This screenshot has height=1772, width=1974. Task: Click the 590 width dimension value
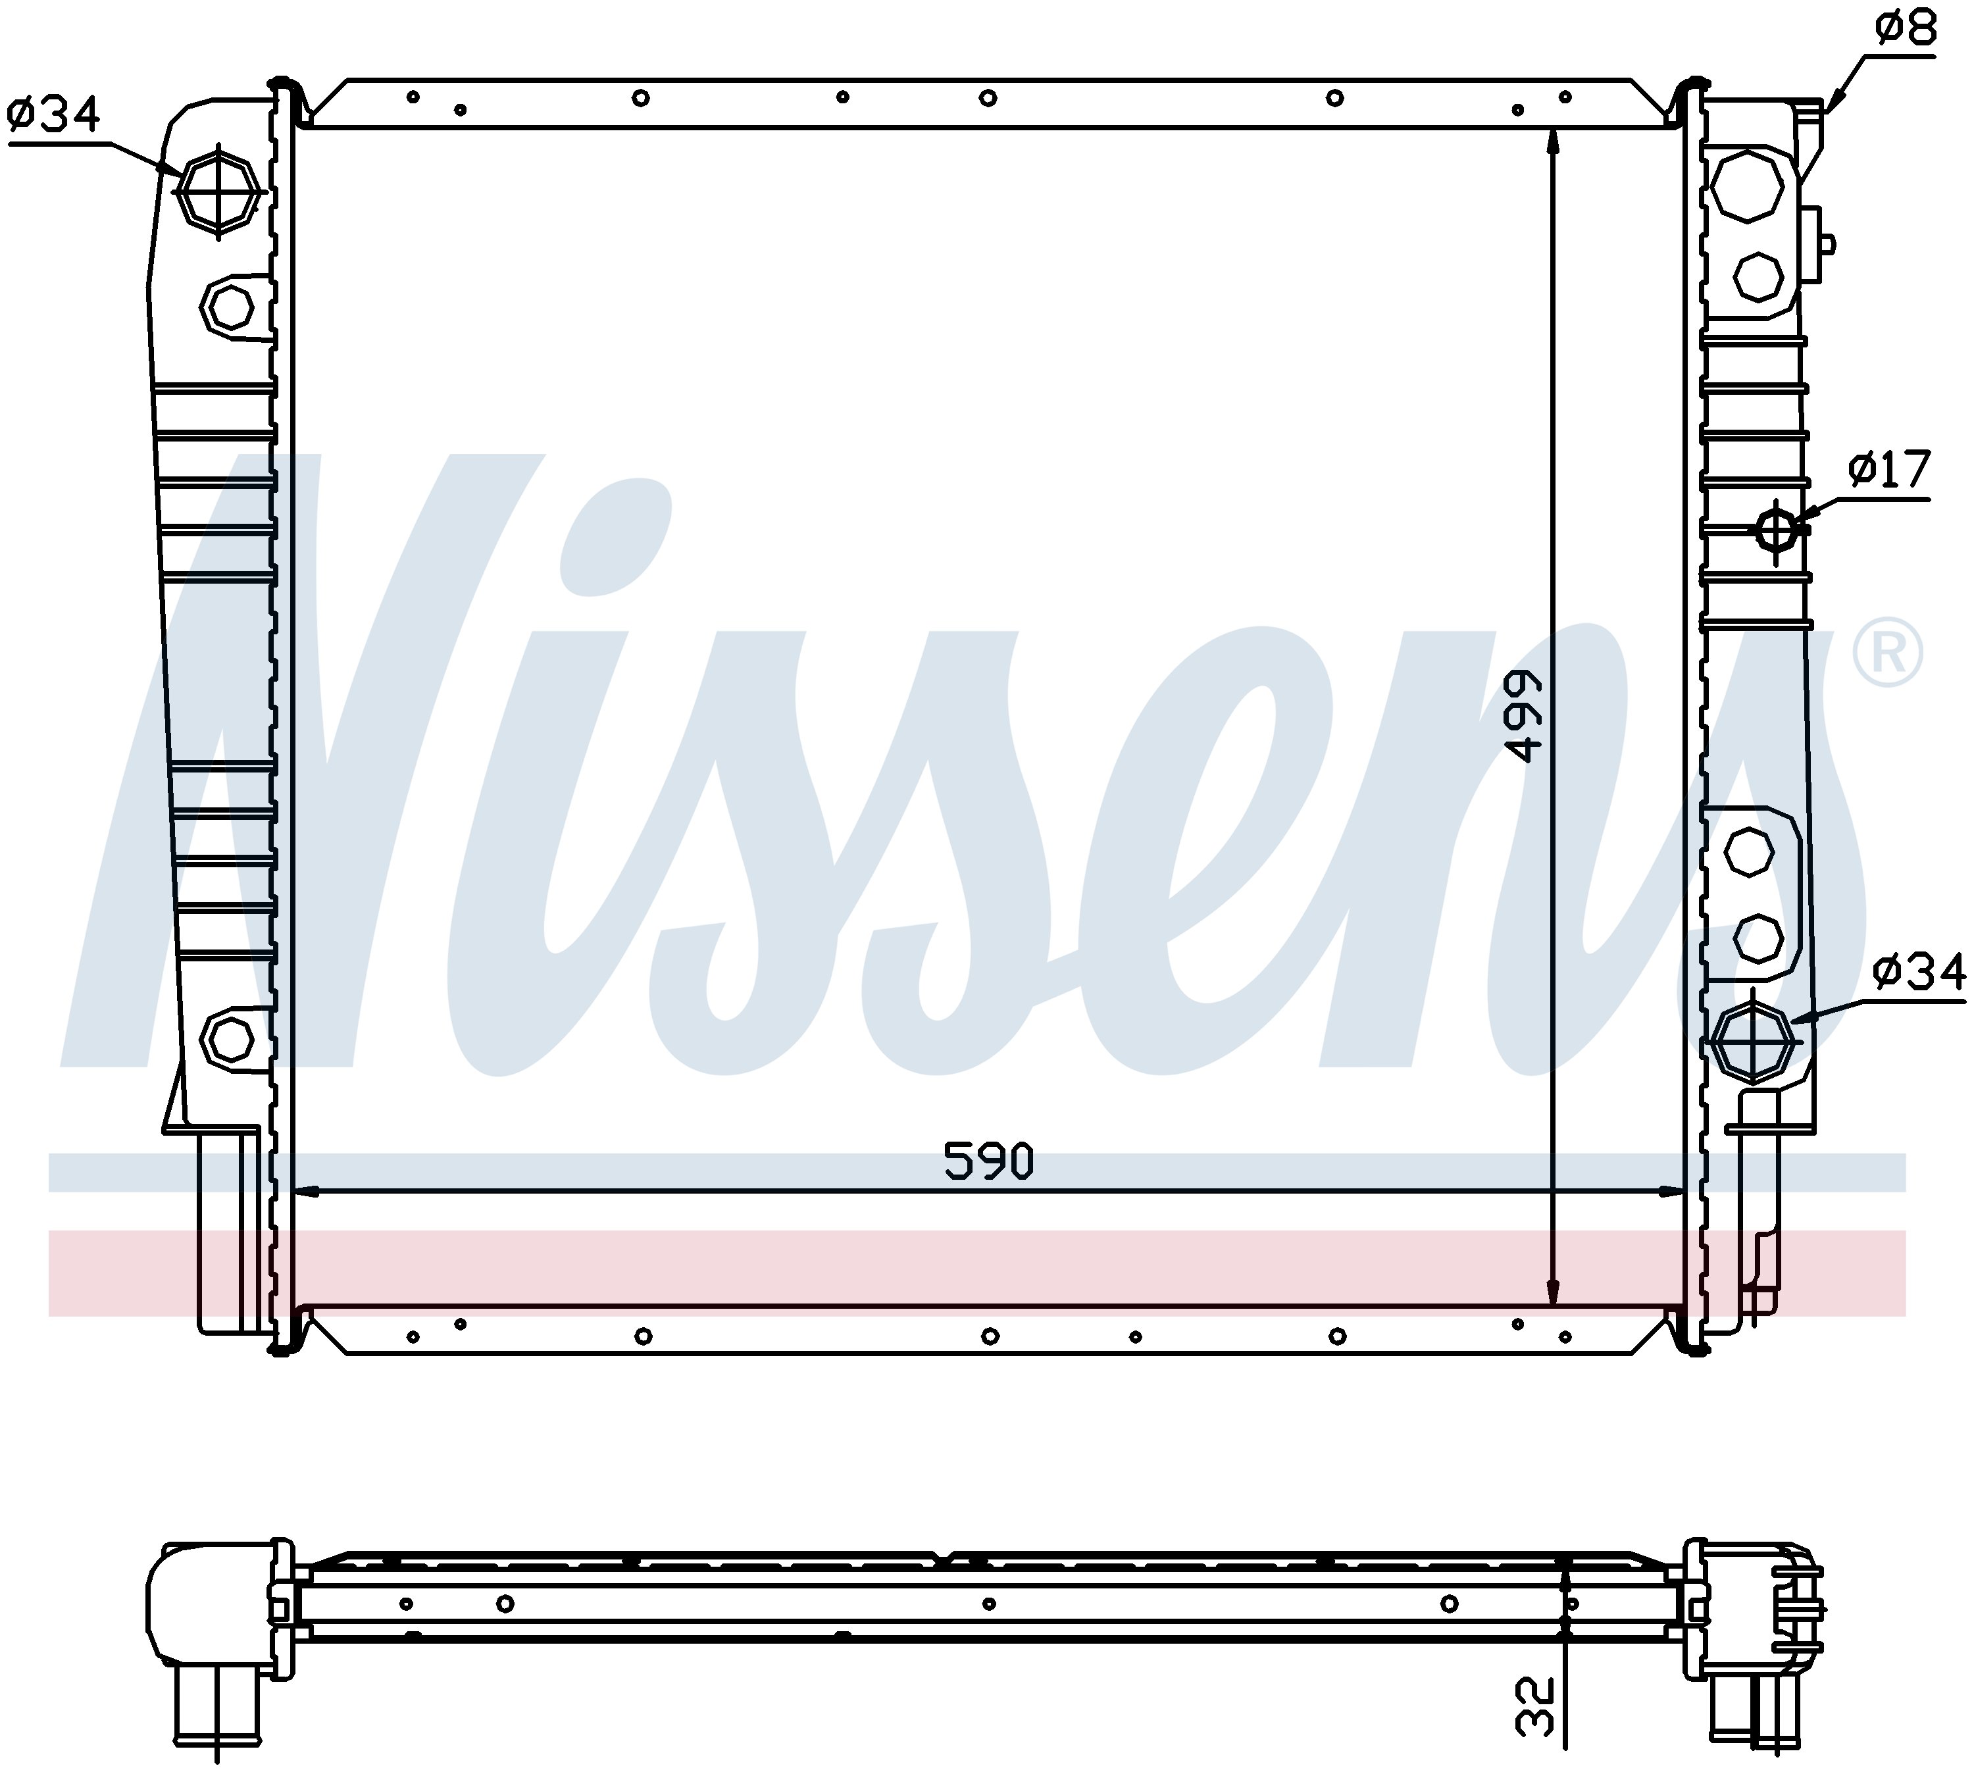pyautogui.click(x=988, y=1161)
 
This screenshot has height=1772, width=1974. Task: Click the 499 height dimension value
pyautogui.click(x=1523, y=716)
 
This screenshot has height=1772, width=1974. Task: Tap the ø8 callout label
pyautogui.click(x=1906, y=29)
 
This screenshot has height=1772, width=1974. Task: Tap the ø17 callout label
pyautogui.click(x=1888, y=470)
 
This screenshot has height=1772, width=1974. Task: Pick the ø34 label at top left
pyautogui.click(x=53, y=115)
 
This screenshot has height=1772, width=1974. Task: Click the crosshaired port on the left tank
pyautogui.click(x=219, y=191)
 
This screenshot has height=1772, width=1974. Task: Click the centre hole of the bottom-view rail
pyautogui.click(x=989, y=1604)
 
